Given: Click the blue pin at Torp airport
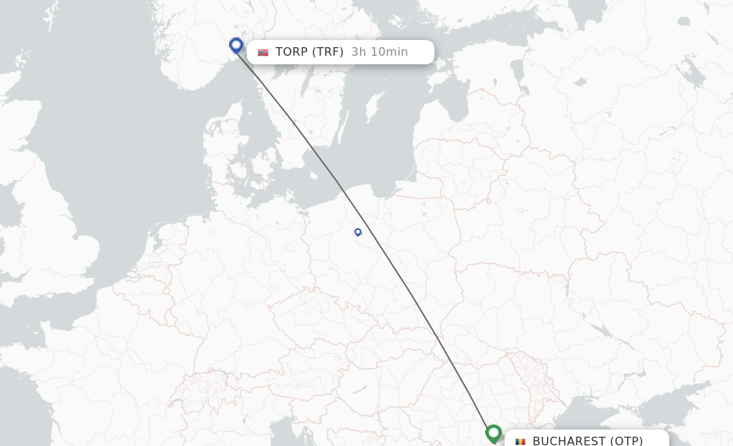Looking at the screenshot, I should click(x=236, y=45).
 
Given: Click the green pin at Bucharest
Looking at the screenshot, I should click(x=493, y=432).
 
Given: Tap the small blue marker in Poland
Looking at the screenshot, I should click(x=358, y=232).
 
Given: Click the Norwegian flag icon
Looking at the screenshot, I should click(x=263, y=52).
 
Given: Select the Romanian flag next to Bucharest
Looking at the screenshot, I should click(x=520, y=441).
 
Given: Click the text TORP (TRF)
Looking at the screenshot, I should click(x=309, y=52).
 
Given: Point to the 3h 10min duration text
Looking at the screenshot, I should click(x=379, y=52).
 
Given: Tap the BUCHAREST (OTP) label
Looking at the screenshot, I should click(x=587, y=440).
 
